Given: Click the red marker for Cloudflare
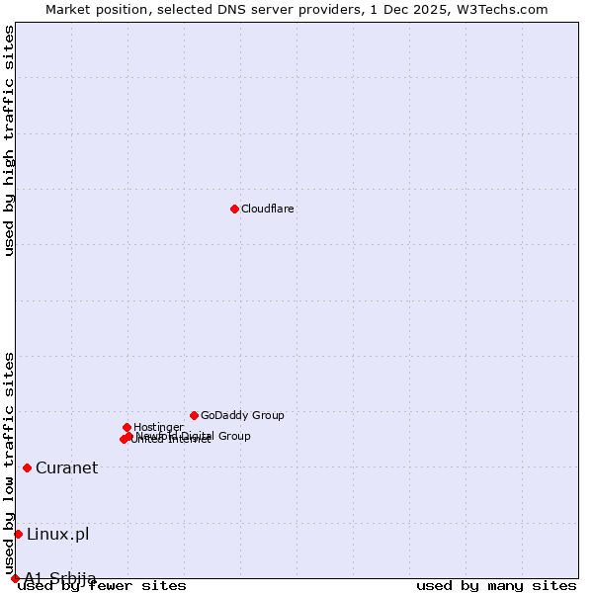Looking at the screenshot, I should tap(234, 209).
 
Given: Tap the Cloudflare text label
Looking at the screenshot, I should tap(267, 209).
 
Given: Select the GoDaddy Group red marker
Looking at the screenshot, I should tap(194, 415).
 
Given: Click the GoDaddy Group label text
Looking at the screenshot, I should tap(242, 415).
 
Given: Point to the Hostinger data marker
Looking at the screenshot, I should tap(127, 427).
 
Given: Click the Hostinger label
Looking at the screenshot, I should tap(158, 427).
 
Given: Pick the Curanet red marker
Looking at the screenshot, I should tap(27, 467).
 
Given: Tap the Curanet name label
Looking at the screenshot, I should tap(66, 467).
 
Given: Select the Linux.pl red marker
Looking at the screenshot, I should tap(18, 534).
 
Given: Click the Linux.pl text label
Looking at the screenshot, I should tap(57, 534).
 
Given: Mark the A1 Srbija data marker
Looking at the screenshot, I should tap(15, 578).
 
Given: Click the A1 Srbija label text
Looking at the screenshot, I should tap(60, 577).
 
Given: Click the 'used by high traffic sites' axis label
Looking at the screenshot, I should tap(9, 141).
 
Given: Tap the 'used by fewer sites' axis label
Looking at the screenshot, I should tap(103, 585).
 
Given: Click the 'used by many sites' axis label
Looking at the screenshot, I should tap(496, 585).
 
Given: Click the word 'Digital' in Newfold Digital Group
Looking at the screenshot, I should tap(199, 436).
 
